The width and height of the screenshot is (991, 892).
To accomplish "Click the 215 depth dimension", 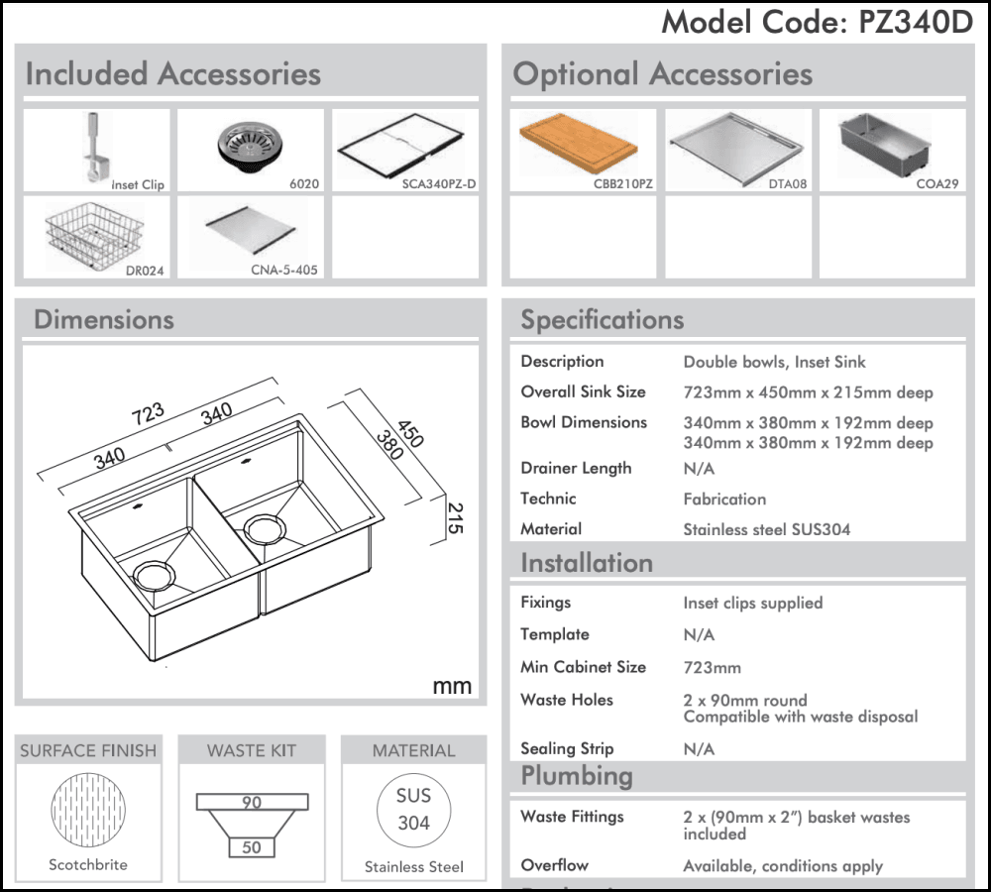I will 455,516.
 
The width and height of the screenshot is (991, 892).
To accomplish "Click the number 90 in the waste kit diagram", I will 252,802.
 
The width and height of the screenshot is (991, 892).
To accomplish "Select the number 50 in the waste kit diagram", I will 252,847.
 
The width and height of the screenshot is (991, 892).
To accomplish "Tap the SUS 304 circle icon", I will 413,809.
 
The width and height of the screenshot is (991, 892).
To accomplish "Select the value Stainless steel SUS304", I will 766,529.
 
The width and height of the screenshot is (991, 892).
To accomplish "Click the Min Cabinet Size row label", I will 583,667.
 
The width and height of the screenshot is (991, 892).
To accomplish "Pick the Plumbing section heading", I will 576,775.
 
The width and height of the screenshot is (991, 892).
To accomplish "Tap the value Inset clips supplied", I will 752,603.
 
